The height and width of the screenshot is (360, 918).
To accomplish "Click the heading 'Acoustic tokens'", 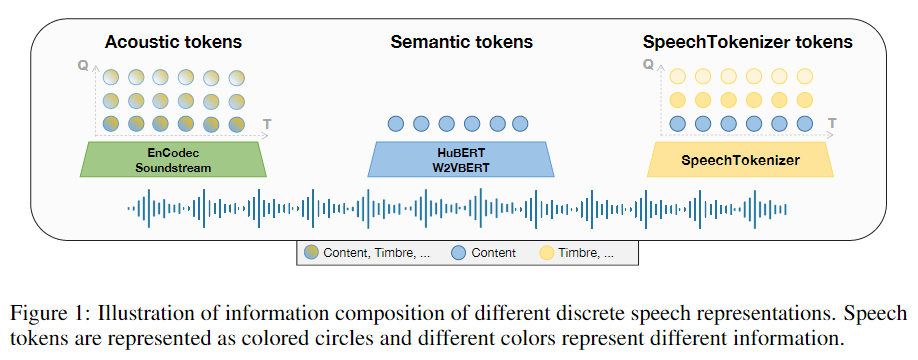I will [x=174, y=42].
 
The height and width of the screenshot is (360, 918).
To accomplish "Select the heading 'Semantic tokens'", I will [x=461, y=42].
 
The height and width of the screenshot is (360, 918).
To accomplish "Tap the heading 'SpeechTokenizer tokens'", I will [x=747, y=42].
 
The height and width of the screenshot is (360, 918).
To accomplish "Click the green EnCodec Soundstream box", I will [x=174, y=160].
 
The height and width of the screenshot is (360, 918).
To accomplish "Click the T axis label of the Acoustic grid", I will [x=266, y=123].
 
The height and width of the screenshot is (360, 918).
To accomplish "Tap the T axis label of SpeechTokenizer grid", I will [x=831, y=123].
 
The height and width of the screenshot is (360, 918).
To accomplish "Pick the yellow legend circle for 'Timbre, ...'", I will [x=548, y=253].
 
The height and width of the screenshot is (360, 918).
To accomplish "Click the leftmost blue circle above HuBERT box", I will [x=396, y=124].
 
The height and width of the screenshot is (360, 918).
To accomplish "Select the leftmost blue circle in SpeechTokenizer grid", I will [x=678, y=124].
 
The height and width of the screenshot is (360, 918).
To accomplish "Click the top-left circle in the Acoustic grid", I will [x=112, y=76].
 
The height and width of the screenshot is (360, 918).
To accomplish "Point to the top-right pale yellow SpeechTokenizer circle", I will [x=804, y=76].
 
